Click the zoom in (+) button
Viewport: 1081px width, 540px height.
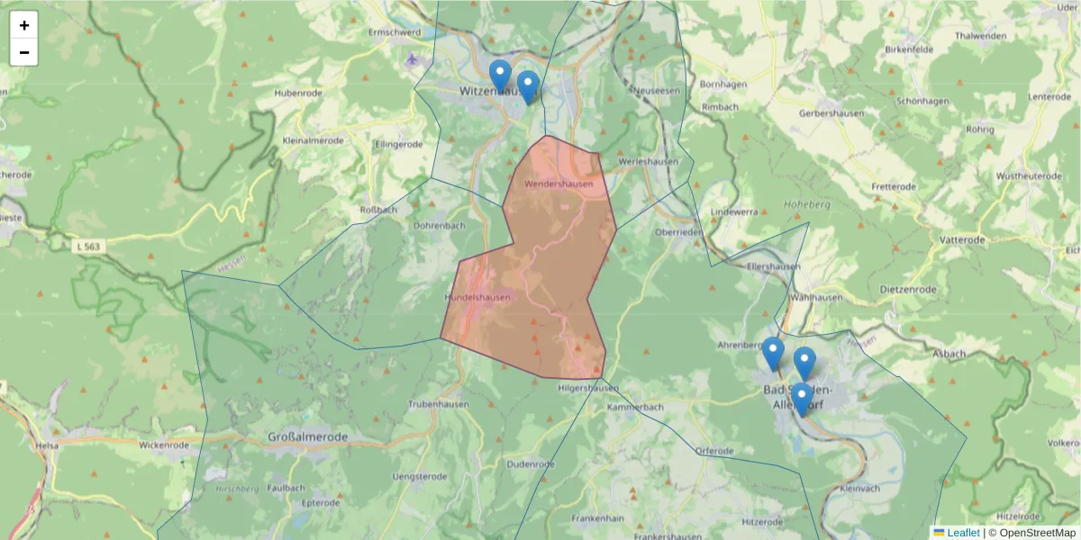24,25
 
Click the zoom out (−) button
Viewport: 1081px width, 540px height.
24,53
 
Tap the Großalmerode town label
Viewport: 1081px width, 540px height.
307,437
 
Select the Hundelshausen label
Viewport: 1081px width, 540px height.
477,298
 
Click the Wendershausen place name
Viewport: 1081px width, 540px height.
559,184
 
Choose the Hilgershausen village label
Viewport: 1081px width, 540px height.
588,389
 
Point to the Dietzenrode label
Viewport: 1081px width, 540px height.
907,290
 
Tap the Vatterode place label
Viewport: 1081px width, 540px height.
962,240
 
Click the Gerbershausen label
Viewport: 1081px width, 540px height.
831,113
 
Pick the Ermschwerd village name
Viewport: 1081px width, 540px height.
395,32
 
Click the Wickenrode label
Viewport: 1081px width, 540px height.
164,445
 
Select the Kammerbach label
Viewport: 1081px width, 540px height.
635,408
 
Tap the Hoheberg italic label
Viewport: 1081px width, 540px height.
806,204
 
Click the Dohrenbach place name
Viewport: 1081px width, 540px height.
439,225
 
